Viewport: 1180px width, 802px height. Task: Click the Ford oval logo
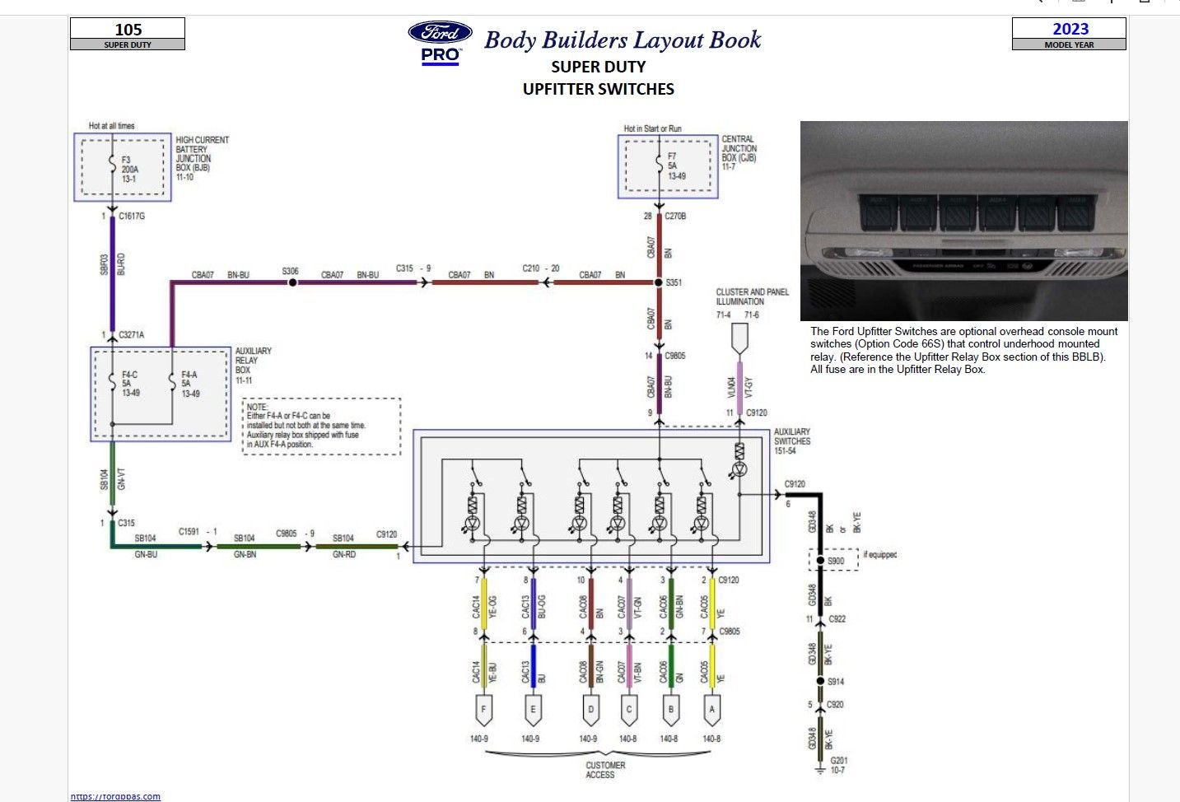(440, 33)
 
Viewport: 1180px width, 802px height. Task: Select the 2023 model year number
(1070, 29)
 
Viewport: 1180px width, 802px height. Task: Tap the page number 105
(128, 30)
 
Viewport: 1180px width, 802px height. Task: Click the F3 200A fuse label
(129, 169)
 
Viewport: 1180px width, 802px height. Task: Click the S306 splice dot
(292, 282)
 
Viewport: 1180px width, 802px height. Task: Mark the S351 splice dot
(659, 282)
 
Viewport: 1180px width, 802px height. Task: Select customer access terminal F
(483, 709)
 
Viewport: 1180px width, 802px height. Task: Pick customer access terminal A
(711, 709)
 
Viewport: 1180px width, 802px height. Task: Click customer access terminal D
(590, 709)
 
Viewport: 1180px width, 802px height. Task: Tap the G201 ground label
(838, 765)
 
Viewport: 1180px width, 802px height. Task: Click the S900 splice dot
(820, 561)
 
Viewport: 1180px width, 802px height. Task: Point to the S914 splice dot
(820, 681)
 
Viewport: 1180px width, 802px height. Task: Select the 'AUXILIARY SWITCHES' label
(791, 441)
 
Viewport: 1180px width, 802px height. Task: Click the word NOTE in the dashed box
(257, 407)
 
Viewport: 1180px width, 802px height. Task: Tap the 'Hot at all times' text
(111, 126)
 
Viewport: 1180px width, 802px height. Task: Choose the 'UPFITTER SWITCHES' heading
(598, 89)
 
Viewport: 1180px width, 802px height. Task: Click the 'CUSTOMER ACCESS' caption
(605, 770)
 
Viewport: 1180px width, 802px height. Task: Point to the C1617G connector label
(132, 217)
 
